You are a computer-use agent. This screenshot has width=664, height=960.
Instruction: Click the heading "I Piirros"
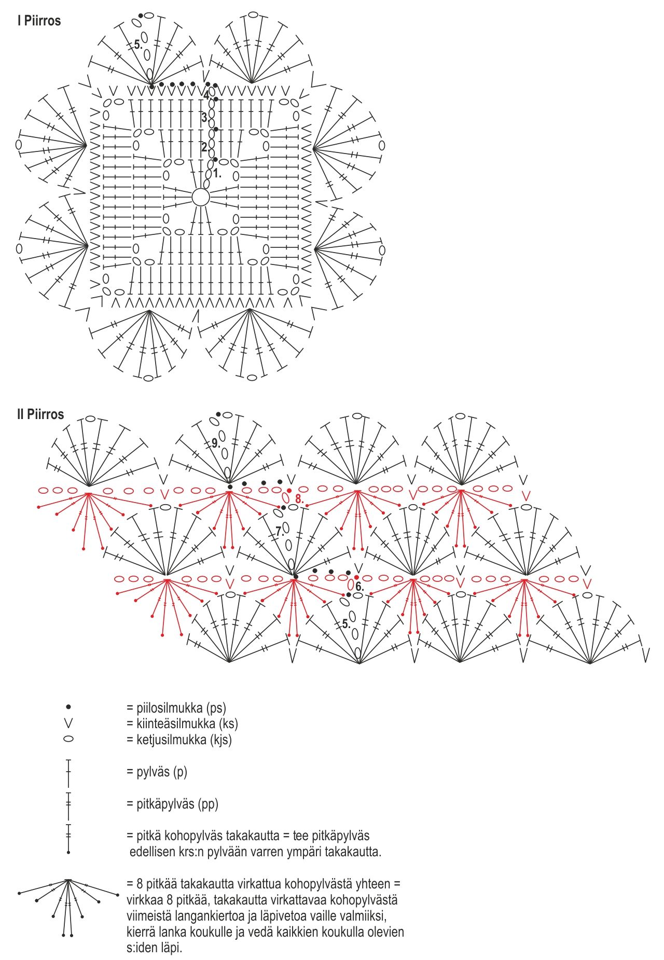[x=39, y=21]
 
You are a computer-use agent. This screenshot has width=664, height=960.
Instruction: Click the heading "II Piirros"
[x=40, y=414]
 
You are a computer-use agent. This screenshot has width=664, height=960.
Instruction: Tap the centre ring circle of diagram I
[x=201, y=198]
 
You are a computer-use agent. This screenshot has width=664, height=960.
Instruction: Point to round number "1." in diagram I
[x=217, y=174]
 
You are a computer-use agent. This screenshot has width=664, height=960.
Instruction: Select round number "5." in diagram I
[x=137, y=45]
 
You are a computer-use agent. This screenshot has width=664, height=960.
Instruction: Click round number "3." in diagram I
[x=205, y=118]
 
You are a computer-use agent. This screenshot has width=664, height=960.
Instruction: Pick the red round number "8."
[x=299, y=498]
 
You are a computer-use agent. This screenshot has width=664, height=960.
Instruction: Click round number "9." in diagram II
[x=216, y=443]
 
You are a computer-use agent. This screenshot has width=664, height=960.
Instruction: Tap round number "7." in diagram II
[x=280, y=531]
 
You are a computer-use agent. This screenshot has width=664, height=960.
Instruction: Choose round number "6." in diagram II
[x=359, y=588]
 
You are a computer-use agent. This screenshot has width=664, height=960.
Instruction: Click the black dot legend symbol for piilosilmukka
[x=68, y=707]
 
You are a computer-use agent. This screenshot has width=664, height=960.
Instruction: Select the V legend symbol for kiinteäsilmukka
[x=68, y=723]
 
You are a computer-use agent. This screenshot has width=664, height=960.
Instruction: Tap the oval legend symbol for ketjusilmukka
[x=68, y=739]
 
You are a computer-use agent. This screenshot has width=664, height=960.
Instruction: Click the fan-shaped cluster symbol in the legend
[x=67, y=904]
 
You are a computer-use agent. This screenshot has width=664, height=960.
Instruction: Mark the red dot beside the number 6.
[x=356, y=577]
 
